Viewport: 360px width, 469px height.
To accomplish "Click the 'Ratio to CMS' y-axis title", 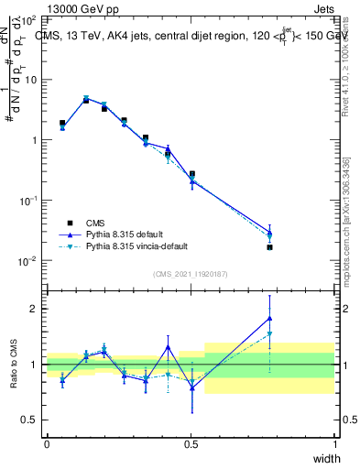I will (15, 365).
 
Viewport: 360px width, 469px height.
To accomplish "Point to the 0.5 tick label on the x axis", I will (191, 442).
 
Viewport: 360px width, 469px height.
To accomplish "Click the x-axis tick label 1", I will (334, 442).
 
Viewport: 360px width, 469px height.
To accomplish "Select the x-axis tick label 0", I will (47, 442).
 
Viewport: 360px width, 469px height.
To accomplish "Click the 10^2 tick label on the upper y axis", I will (28, 19).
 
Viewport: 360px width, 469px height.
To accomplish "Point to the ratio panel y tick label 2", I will (34, 309).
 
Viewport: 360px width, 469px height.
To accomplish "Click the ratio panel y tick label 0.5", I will (29, 420).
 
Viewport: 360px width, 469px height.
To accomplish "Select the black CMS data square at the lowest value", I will (269, 247).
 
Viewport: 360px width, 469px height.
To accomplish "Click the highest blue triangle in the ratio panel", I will (269, 318).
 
